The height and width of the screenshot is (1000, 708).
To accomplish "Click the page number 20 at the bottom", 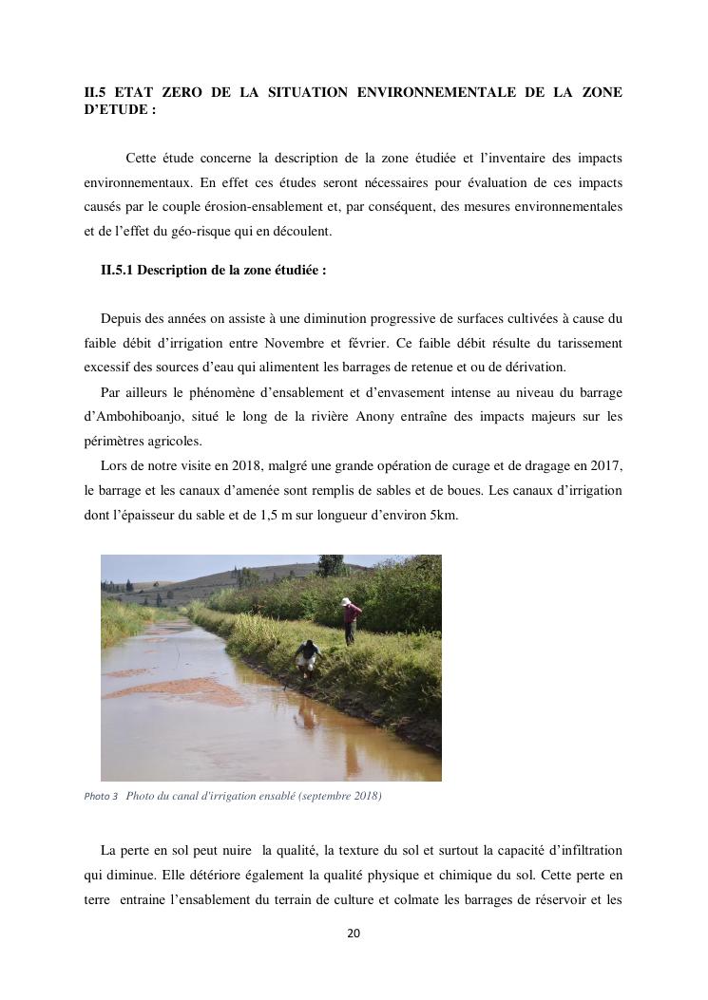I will [x=354, y=934].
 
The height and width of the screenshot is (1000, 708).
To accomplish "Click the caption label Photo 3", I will [x=101, y=796].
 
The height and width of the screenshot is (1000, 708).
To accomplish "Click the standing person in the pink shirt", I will [x=351, y=623].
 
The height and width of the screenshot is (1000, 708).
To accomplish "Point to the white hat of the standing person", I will [x=347, y=602].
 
